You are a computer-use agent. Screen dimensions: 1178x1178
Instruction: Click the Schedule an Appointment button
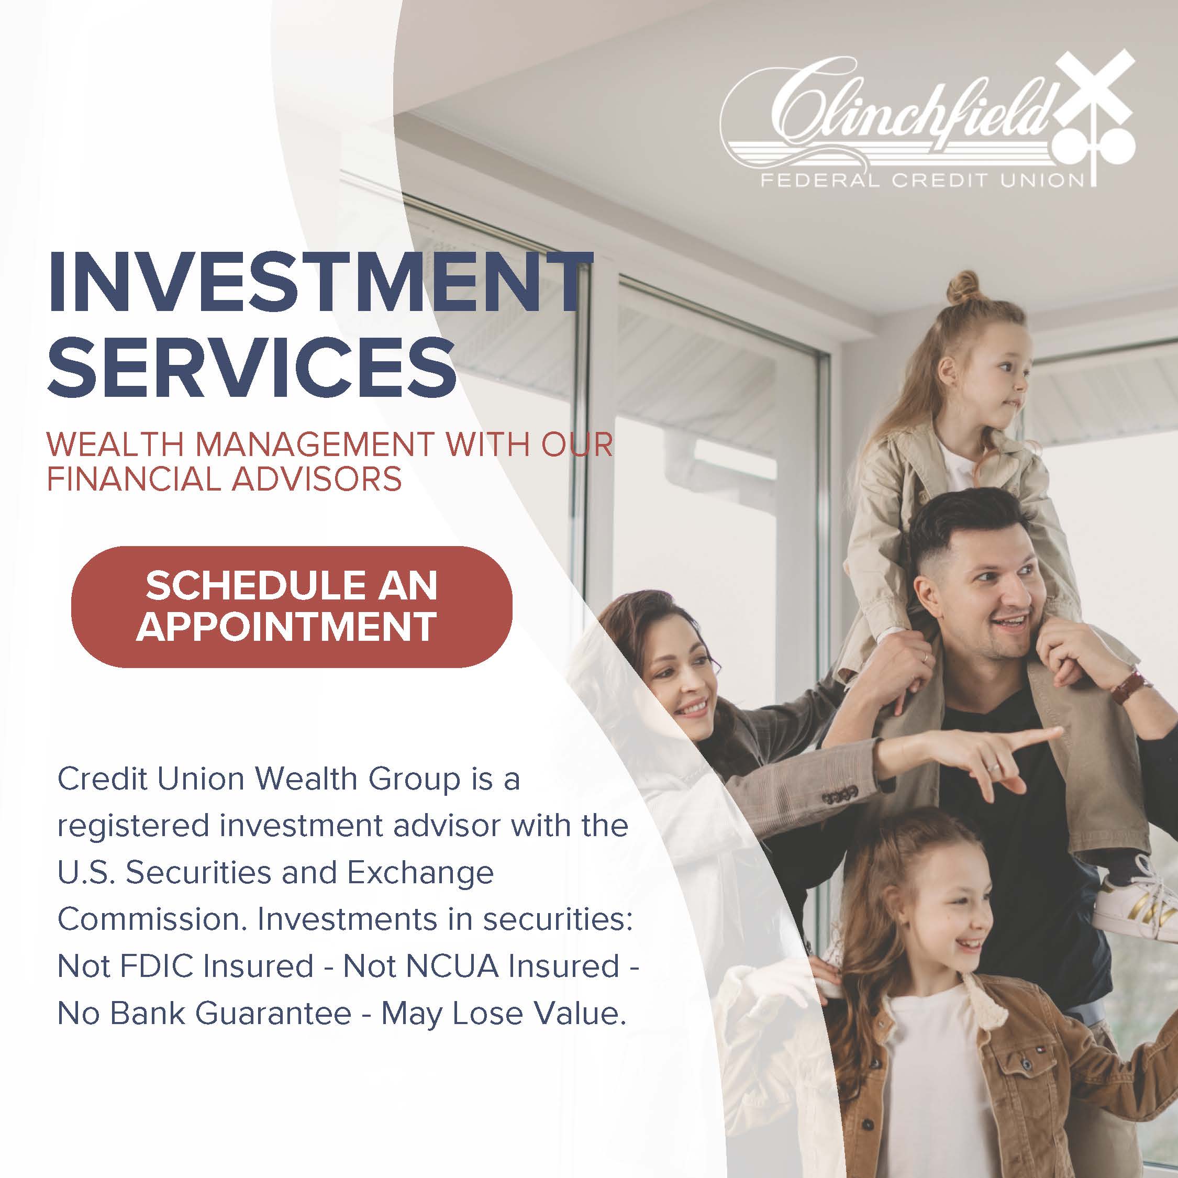pyautogui.click(x=292, y=606)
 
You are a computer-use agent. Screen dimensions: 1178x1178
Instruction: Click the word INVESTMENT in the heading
pyautogui.click(x=319, y=284)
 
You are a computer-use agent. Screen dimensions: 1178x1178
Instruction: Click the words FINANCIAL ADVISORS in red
pyautogui.click(x=225, y=479)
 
